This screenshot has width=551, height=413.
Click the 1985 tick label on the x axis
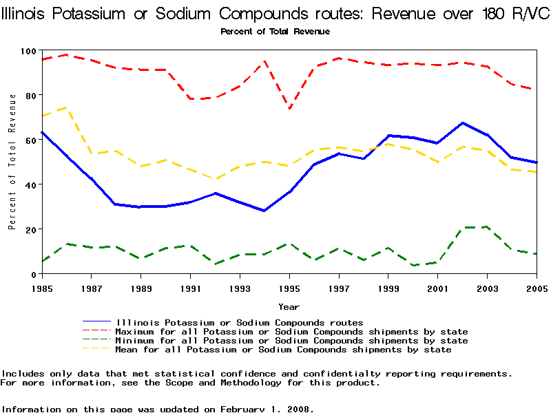42,287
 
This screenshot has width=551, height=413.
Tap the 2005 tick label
537,287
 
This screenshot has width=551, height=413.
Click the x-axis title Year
289,306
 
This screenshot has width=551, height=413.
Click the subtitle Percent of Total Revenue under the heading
275,32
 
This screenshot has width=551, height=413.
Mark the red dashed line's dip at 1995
289,108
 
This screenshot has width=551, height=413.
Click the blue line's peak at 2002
462,123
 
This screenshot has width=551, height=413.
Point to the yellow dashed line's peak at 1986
66,107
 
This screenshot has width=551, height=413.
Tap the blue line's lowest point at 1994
264,211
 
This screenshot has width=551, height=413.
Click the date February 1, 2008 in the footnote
266,409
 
